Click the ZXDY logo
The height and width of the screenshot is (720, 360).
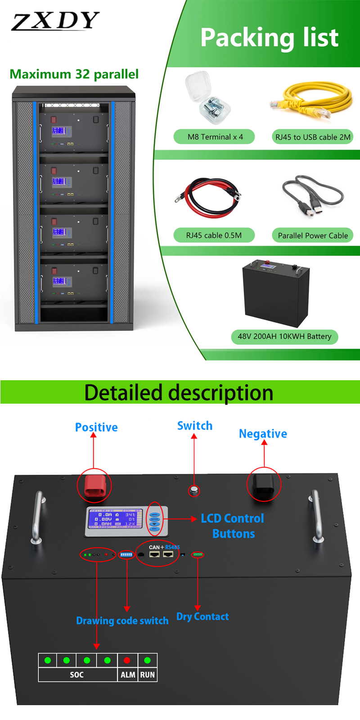click(x=55, y=21)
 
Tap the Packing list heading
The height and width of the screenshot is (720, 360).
click(x=269, y=37)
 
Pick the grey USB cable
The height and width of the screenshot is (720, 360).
click(x=313, y=195)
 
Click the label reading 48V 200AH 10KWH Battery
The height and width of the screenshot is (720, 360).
click(x=284, y=337)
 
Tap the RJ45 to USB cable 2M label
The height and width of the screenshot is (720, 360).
click(x=313, y=137)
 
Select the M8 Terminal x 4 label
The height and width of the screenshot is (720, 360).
click(x=215, y=137)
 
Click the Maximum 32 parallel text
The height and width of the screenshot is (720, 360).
click(x=74, y=74)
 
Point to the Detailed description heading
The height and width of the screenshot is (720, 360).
click(x=179, y=392)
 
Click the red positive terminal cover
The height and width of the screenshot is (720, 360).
click(x=94, y=485)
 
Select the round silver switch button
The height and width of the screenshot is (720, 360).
click(x=194, y=490)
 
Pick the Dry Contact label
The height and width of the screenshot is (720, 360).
click(x=202, y=616)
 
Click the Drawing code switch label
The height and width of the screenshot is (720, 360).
click(x=122, y=621)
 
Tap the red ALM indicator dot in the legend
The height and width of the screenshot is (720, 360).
click(x=127, y=660)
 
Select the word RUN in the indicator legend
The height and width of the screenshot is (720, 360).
click(x=147, y=675)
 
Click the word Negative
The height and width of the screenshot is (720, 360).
click(x=263, y=434)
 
